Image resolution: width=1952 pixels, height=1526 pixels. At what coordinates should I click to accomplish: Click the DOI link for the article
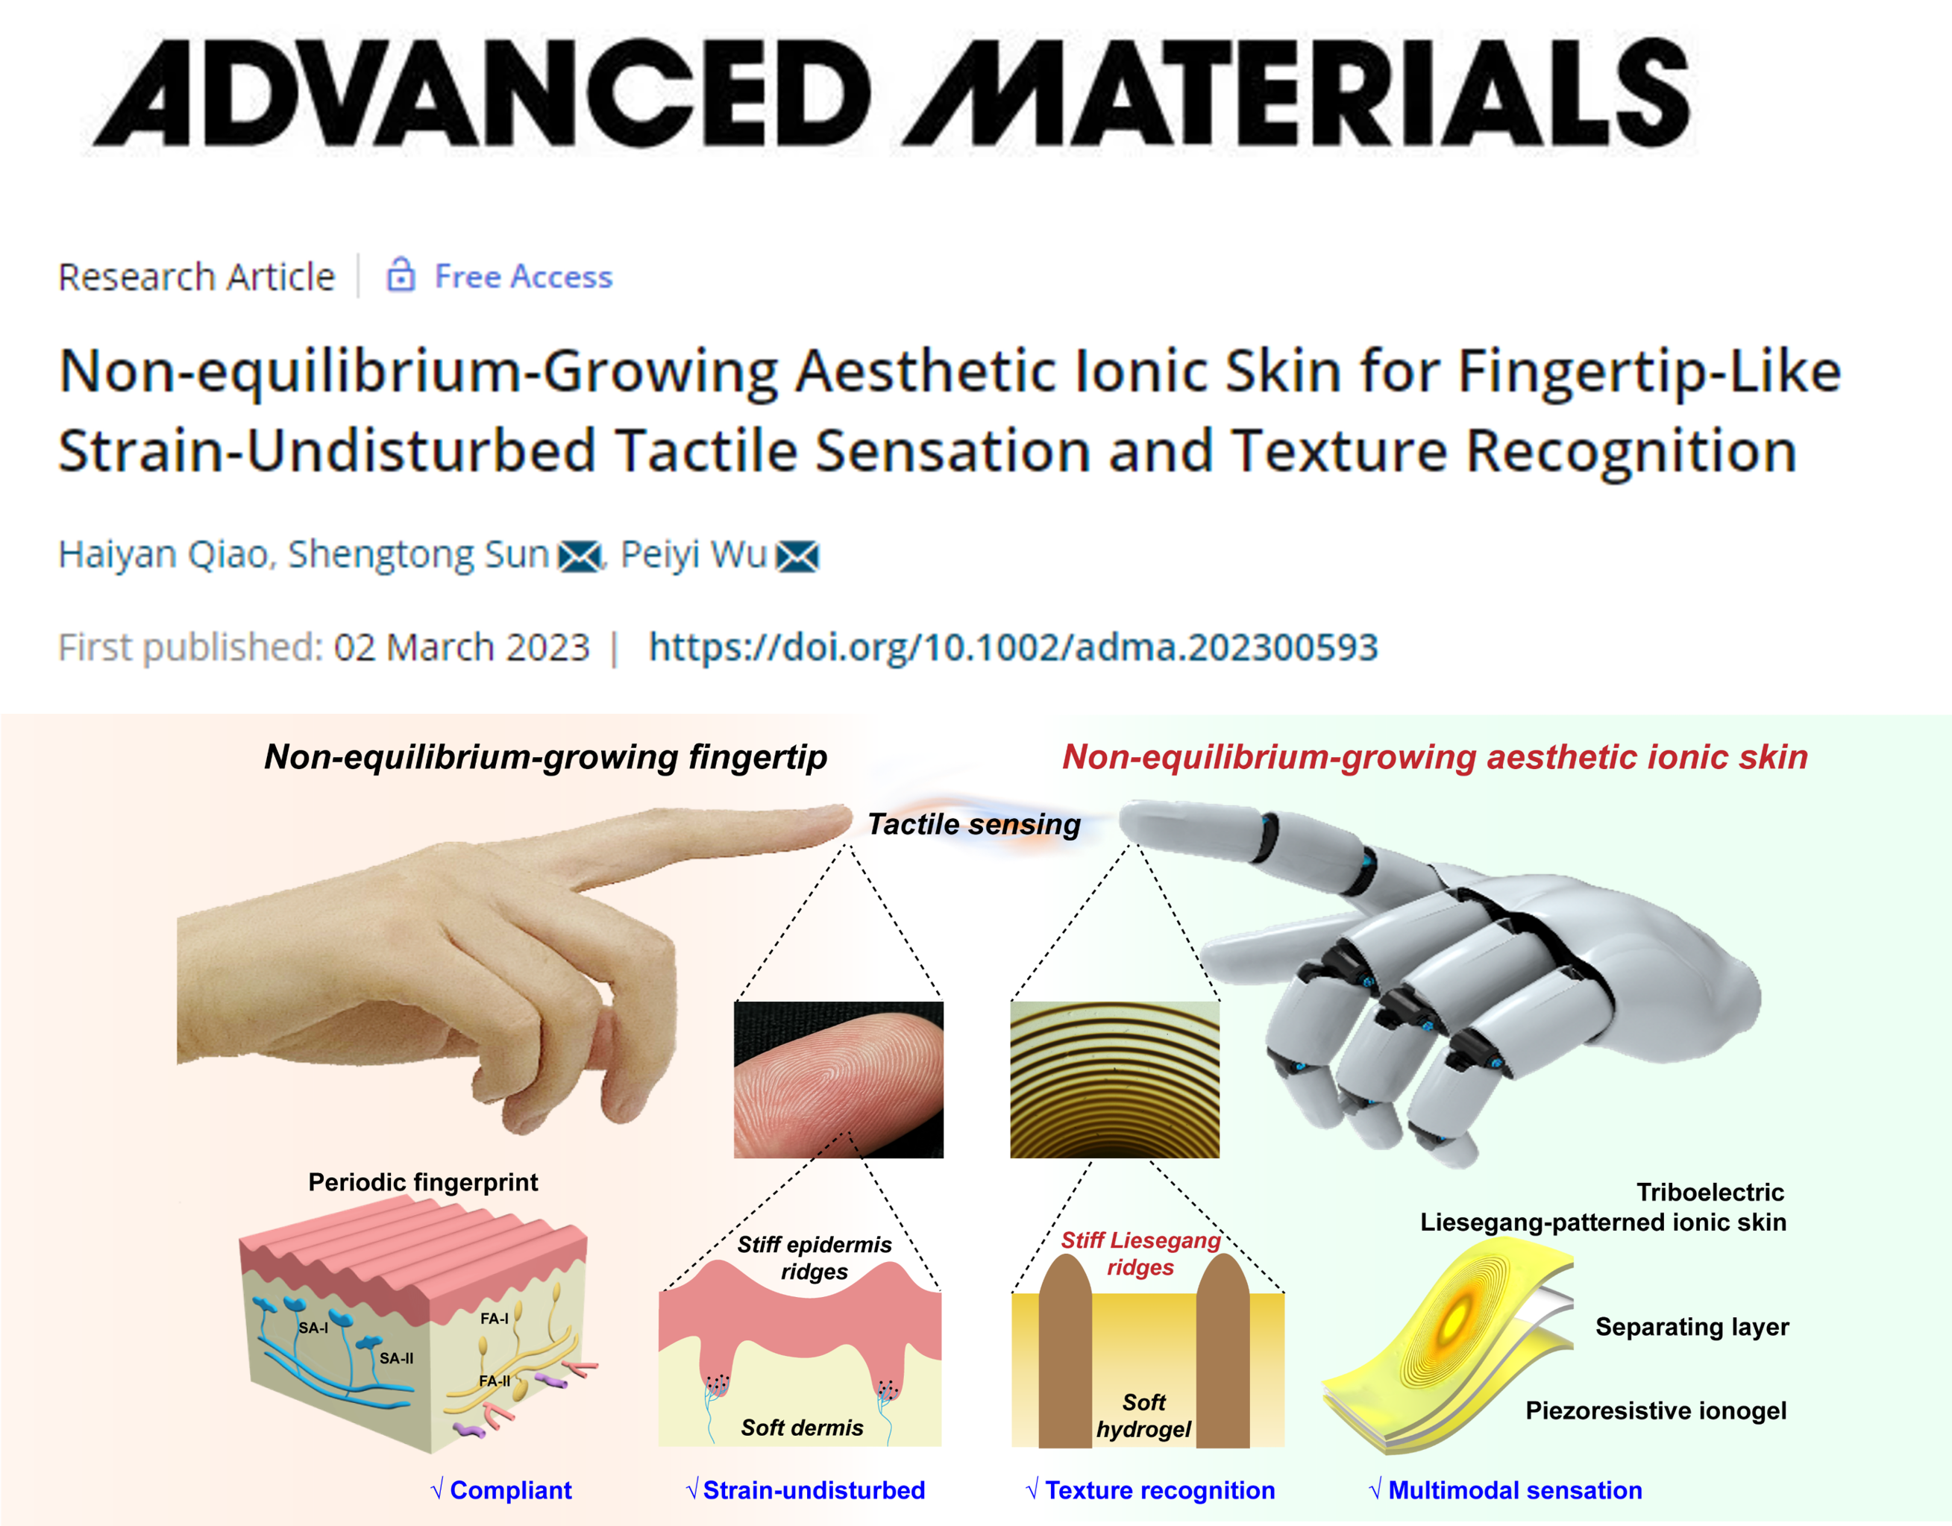1013,647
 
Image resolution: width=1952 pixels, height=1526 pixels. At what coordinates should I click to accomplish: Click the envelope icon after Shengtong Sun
579,556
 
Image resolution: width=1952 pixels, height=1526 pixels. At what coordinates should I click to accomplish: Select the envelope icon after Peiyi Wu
797,556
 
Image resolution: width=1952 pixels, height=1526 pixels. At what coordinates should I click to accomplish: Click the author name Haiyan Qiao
163,554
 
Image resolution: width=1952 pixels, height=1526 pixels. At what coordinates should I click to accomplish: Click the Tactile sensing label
974,823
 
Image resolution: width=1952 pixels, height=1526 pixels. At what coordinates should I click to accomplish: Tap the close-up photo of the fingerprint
838,1079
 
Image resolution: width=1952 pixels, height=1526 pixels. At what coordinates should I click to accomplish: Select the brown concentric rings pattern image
1114,1079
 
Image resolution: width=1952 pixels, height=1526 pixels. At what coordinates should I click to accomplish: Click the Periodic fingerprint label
423,1182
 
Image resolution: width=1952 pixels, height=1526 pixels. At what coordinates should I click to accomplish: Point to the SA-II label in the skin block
396,1358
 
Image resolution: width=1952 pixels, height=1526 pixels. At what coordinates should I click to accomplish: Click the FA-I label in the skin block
495,1318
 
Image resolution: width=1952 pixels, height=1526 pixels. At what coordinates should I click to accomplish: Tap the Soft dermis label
802,1427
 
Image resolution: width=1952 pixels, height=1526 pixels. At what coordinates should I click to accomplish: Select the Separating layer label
1692,1327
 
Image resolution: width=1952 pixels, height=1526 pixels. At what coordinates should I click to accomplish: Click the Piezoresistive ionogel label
1656,1410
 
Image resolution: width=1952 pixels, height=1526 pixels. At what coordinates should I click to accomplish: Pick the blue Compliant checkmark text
501,1490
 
